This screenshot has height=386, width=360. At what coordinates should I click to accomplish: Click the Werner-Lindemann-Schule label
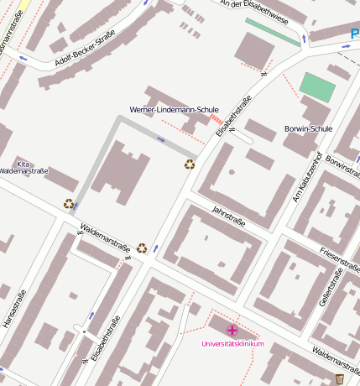point(174,110)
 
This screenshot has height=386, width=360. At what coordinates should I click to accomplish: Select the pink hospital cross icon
point(232,331)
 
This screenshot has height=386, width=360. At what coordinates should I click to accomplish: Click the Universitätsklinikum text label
point(232,344)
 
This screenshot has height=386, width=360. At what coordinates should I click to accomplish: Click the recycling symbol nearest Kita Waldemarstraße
point(69,203)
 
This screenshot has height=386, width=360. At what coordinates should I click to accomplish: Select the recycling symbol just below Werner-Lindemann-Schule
point(190,164)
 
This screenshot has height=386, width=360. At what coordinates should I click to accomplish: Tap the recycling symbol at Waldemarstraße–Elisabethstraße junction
point(142,248)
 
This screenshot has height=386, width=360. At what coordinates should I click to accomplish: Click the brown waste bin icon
point(339,379)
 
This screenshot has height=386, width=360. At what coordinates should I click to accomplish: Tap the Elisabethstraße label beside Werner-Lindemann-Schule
point(234,118)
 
